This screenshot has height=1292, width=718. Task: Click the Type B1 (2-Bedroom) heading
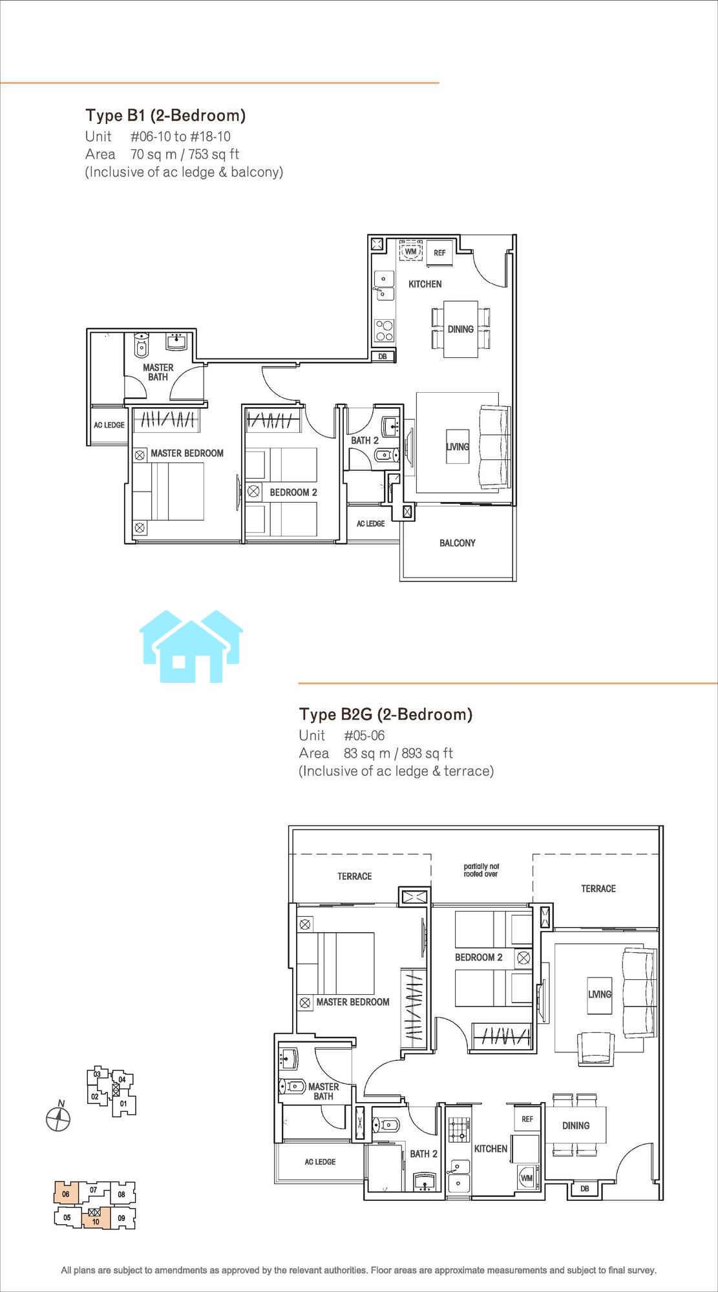[165, 116]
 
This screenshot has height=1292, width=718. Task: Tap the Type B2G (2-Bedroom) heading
[386, 714]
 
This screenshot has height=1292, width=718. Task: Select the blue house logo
[192, 646]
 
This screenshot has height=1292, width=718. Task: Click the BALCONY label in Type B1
[458, 543]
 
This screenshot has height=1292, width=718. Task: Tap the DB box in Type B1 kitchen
[383, 356]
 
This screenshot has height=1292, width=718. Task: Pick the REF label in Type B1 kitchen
[439, 253]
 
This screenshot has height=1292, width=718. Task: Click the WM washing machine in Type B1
[410, 252]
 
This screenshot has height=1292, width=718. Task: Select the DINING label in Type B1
[461, 329]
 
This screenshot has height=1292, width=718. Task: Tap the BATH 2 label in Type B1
[365, 441]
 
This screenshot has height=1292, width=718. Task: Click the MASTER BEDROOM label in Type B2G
[353, 1002]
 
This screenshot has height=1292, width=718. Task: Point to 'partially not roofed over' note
[481, 870]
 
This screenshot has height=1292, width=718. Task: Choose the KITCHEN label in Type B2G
[491, 1149]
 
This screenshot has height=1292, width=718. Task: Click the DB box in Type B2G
[585, 1189]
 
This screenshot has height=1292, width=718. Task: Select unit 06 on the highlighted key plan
[66, 1194]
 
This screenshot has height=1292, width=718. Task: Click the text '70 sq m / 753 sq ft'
[185, 154]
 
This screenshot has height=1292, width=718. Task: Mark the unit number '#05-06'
[364, 735]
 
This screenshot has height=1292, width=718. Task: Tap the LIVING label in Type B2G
[600, 994]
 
